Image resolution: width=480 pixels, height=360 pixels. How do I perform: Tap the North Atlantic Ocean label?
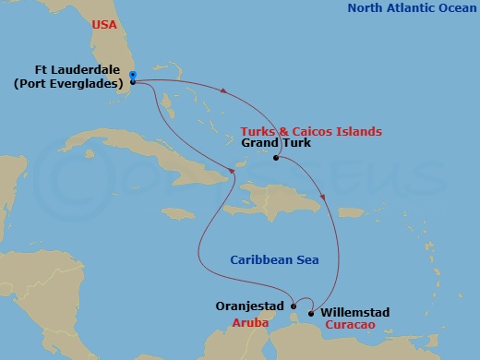(x=412, y=9)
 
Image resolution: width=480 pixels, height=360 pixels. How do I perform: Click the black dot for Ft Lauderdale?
(x=133, y=81)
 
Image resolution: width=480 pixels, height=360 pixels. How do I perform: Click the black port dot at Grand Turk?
(x=276, y=158)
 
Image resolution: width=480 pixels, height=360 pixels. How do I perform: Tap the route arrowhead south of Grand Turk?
(x=322, y=196)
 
